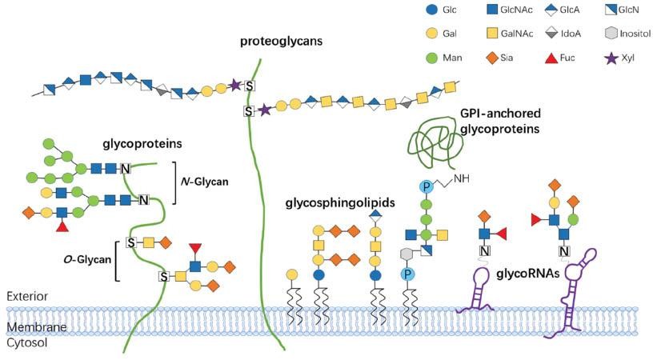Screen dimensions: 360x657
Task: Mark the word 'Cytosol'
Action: tap(26, 342)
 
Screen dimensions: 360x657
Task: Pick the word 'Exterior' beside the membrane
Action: tap(26, 296)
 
